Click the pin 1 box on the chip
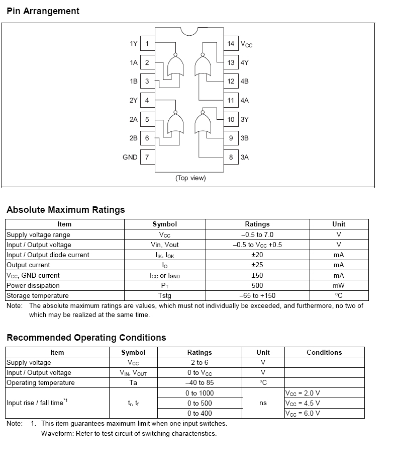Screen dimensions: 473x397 point(147,44)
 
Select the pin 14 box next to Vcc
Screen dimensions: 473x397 point(231,44)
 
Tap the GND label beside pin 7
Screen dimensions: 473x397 point(130,157)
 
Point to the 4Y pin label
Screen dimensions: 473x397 point(245,63)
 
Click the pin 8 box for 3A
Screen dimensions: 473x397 point(231,157)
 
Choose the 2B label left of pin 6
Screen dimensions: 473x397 point(133,138)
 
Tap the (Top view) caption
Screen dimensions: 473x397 point(190,178)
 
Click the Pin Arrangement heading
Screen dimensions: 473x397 point(43,11)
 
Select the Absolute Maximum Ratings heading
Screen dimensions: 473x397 point(66,210)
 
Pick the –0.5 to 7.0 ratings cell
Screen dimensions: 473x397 point(257,234)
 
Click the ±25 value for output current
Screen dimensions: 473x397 point(257,265)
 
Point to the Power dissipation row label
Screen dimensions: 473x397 point(33,285)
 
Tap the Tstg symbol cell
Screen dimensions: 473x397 point(165,295)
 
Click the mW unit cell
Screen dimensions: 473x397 point(339,285)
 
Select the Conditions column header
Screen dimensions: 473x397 point(324,352)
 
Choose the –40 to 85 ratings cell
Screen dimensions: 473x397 point(200,382)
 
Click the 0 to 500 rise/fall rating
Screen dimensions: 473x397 point(200,403)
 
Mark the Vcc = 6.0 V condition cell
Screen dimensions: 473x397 point(303,413)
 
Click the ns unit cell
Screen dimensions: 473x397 point(263,403)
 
